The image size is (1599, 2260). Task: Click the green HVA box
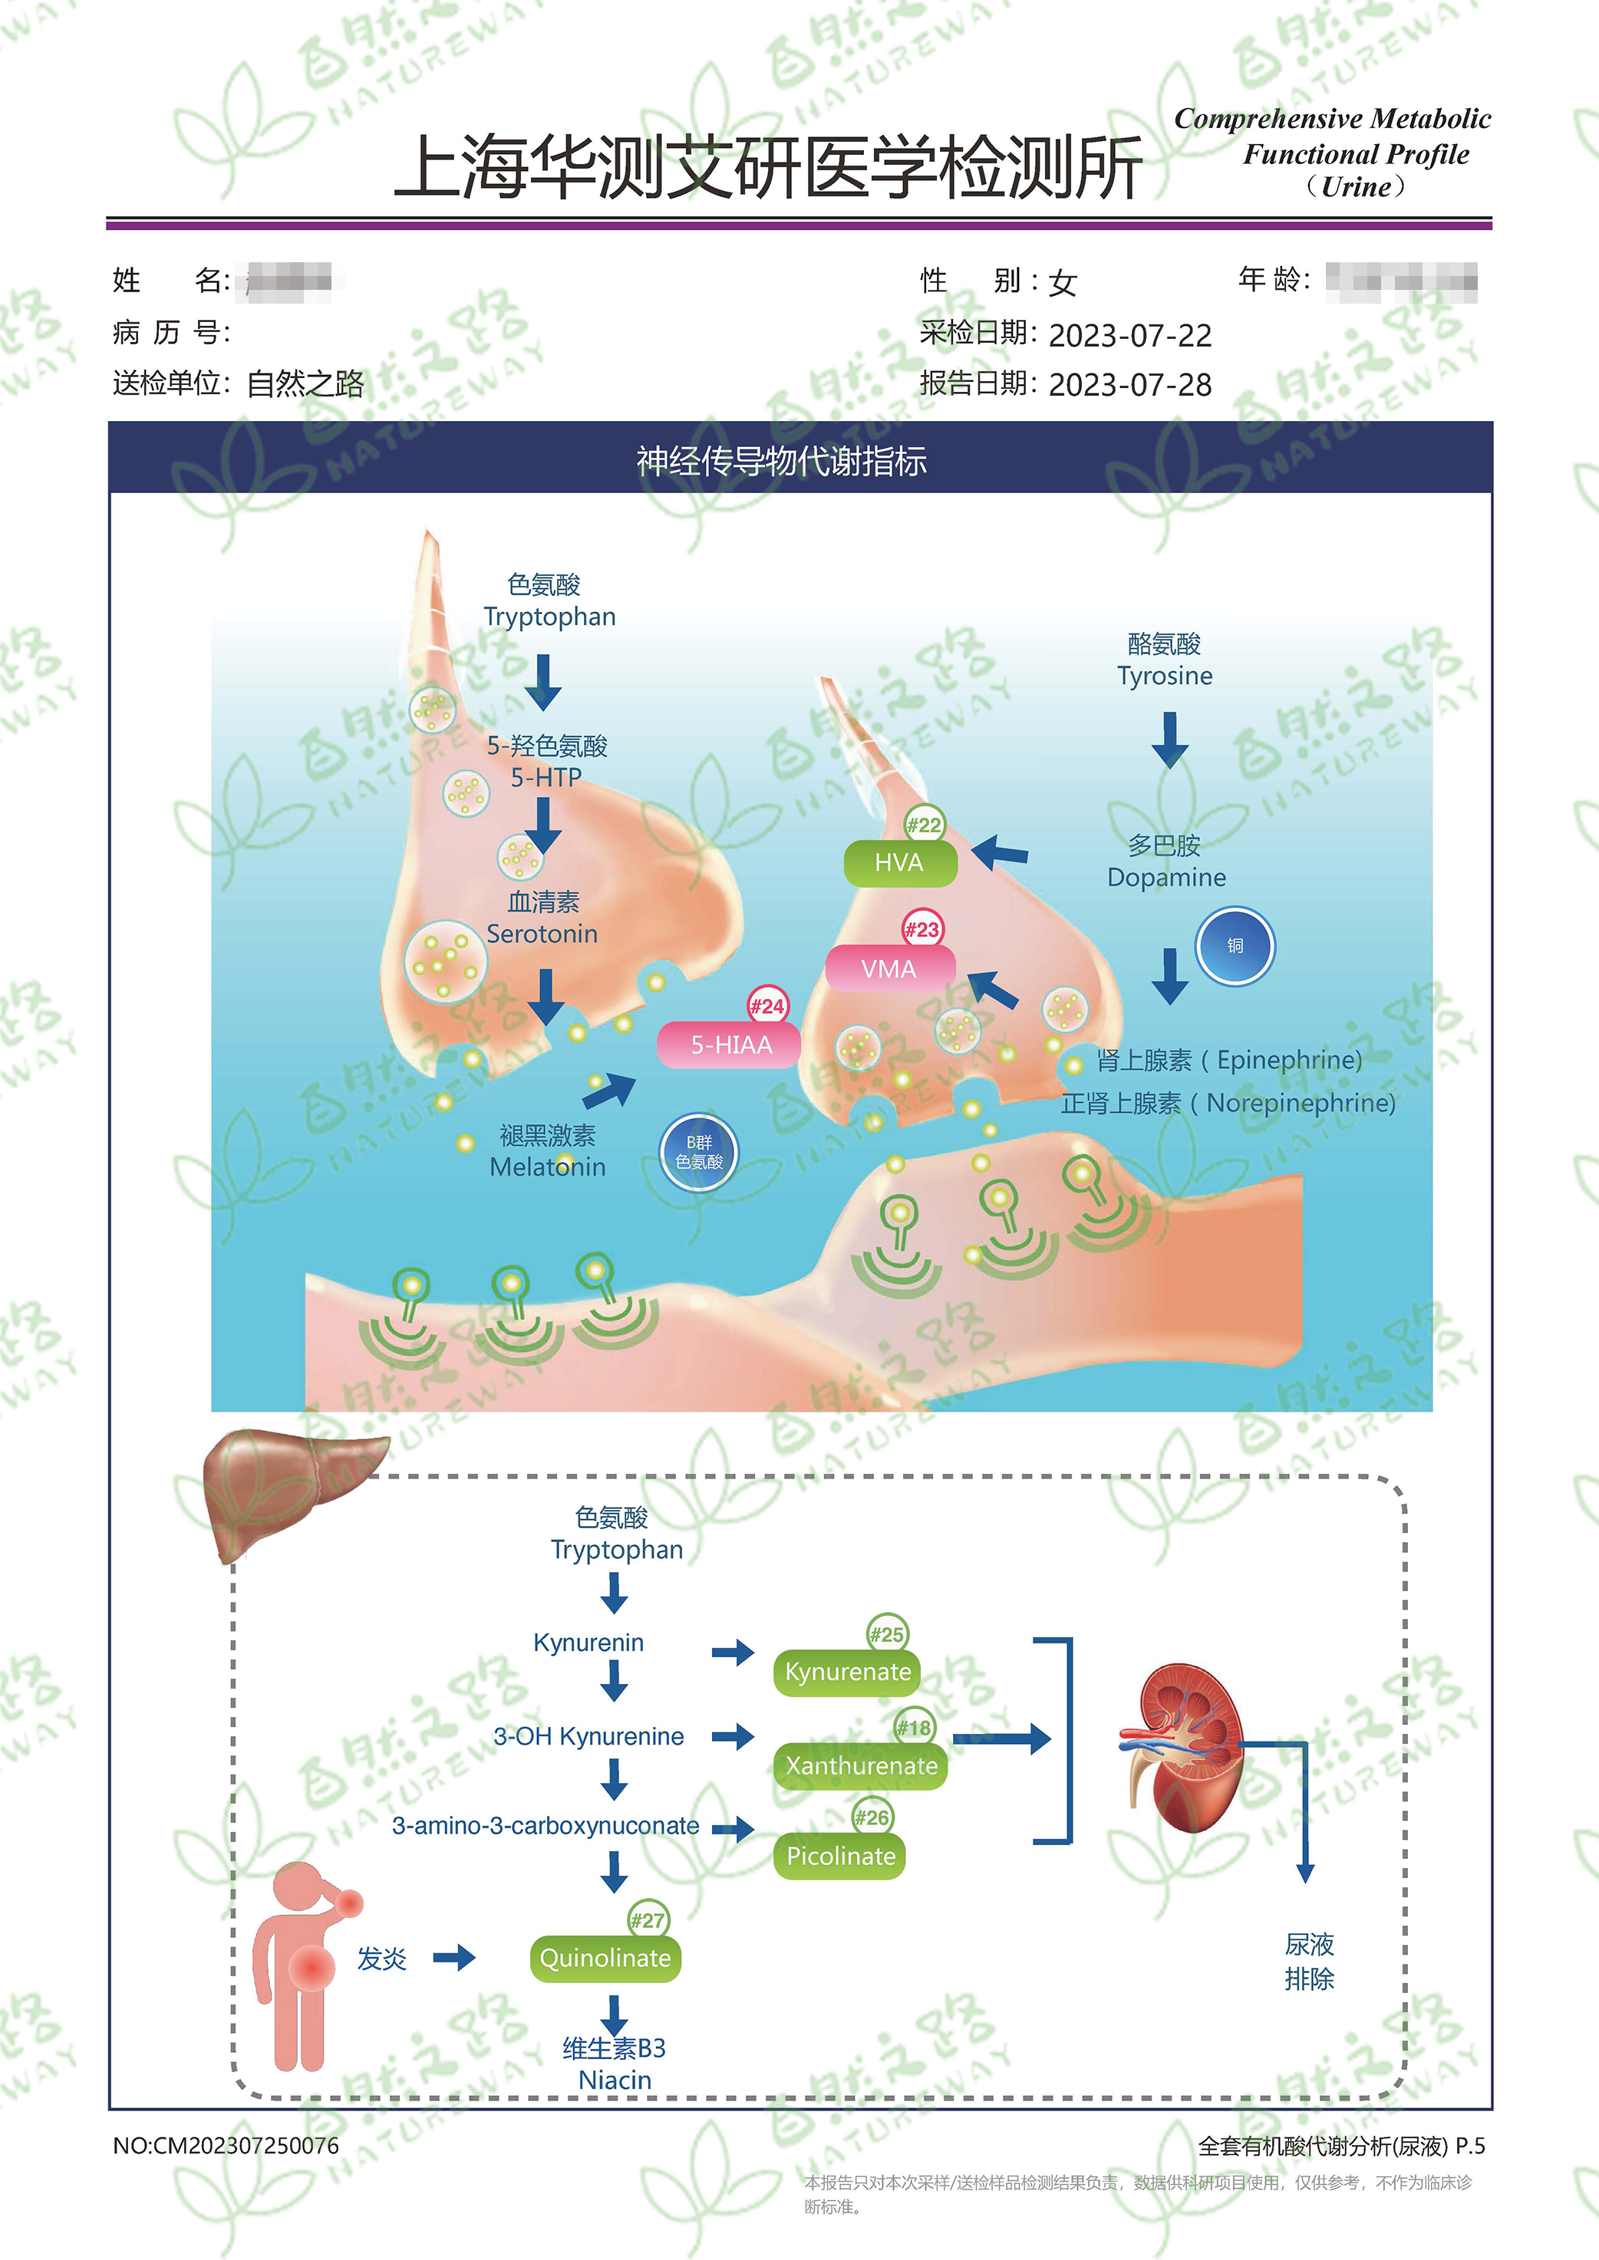[900, 864]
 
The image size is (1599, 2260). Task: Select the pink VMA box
[889, 969]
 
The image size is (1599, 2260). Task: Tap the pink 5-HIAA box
[730, 1045]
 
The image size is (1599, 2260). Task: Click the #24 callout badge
[767, 1006]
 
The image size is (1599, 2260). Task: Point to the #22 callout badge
[924, 825]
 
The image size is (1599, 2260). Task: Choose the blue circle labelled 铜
[1235, 946]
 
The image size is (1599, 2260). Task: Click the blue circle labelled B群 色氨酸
[698, 1153]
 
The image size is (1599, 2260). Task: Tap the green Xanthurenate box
[861, 1766]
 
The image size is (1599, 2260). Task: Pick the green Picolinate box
[840, 1857]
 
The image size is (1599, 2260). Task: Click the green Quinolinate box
[605, 1959]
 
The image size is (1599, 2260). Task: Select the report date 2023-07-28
[1129, 385]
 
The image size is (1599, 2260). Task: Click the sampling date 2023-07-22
[1129, 336]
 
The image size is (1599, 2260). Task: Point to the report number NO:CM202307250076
[226, 2146]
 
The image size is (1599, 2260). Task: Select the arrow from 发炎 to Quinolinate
[454, 1958]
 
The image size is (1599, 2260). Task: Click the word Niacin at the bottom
[615, 2080]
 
